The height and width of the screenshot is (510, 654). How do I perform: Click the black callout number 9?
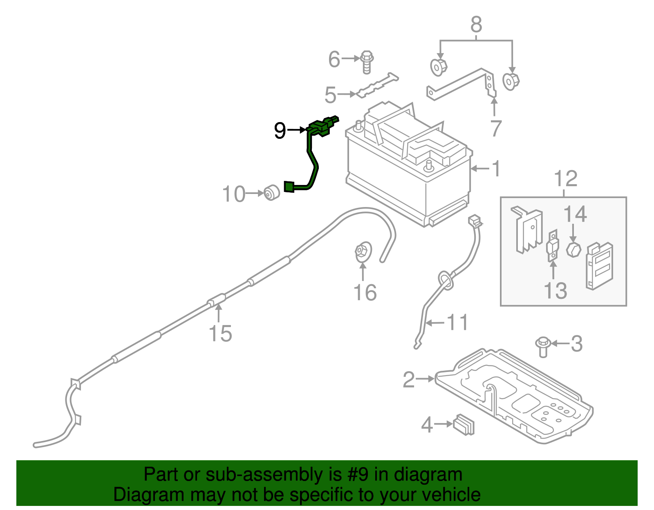[280, 131]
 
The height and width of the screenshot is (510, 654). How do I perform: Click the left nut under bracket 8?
[439, 67]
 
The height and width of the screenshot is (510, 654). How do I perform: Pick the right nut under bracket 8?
[510, 81]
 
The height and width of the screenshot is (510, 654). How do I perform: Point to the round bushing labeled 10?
[271, 193]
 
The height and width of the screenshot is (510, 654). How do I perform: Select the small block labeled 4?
[464, 425]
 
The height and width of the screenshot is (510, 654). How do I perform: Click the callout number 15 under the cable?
[220, 333]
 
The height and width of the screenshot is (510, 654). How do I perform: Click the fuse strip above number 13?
[552, 246]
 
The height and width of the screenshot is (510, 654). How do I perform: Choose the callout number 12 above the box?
[566, 179]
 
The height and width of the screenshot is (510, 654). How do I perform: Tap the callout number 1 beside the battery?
[496, 169]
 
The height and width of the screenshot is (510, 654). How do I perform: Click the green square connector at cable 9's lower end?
[289, 187]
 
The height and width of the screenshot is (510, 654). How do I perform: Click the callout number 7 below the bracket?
[495, 128]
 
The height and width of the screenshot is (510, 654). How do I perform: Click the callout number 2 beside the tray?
[409, 379]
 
